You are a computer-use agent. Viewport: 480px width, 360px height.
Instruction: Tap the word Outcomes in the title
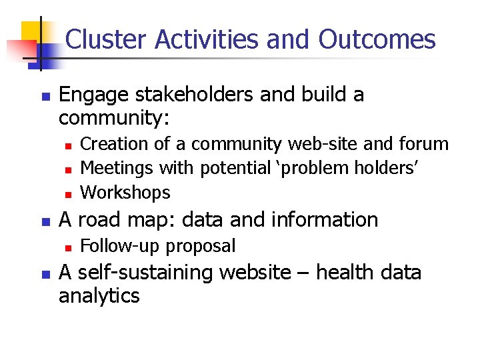click(377, 40)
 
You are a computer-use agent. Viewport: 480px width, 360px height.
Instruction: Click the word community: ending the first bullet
click(114, 119)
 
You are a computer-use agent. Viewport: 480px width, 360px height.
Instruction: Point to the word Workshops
click(125, 193)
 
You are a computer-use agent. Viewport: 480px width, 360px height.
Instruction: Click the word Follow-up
click(120, 246)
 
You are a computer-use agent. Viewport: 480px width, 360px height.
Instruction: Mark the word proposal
click(201, 246)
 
